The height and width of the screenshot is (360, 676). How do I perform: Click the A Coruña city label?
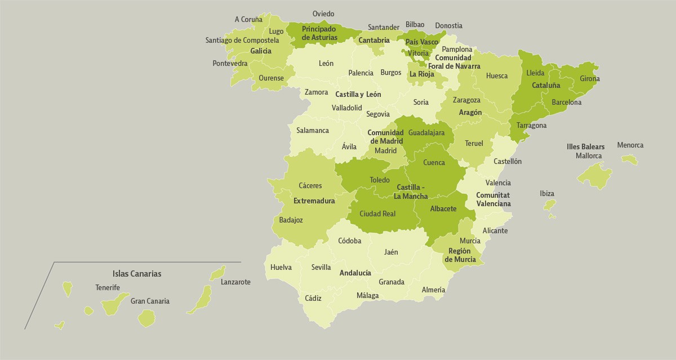pyautogui.click(x=248, y=19)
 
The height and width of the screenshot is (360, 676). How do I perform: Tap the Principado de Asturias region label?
pyautogui.click(x=319, y=33)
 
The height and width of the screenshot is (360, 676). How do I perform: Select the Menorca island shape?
pyautogui.click(x=630, y=159)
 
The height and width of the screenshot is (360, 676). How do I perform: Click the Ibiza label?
pyautogui.click(x=547, y=193)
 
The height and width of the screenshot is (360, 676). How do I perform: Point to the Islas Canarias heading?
pyautogui.click(x=137, y=274)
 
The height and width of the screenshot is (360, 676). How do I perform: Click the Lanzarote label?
pyautogui.click(x=235, y=282)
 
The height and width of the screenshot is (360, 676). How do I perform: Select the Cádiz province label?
pyautogui.click(x=313, y=299)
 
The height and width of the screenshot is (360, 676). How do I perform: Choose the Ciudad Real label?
pyautogui.click(x=377, y=214)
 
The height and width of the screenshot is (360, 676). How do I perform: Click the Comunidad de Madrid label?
pyautogui.click(x=385, y=137)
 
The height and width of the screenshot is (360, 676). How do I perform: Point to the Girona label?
pyautogui.click(x=590, y=79)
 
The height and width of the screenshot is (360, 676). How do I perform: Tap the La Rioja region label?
pyautogui.click(x=422, y=74)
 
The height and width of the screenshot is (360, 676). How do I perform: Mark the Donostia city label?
pyautogui.click(x=449, y=25)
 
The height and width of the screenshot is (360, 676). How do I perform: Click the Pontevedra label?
pyautogui.click(x=230, y=63)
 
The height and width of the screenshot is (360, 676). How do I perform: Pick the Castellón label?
pyautogui.click(x=508, y=161)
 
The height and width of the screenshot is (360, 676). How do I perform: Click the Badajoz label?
pyautogui.click(x=291, y=220)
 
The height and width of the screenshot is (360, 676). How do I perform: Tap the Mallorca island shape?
pyautogui.click(x=594, y=175)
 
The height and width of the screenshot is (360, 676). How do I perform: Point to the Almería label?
pyautogui.click(x=433, y=290)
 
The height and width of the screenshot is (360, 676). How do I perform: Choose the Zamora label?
pyautogui.click(x=316, y=92)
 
